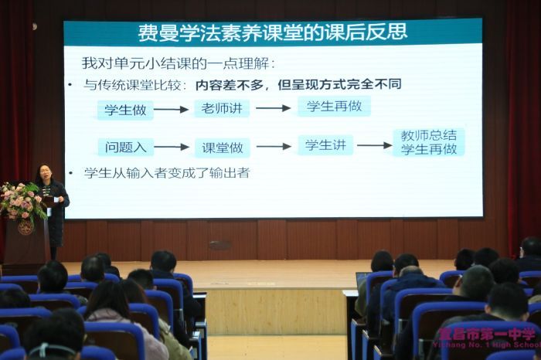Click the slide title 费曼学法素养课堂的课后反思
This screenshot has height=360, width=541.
click(x=273, y=32)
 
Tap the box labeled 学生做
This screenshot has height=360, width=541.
click(x=125, y=110)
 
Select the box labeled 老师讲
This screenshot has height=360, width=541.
click(x=222, y=108)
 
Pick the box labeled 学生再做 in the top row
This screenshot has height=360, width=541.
click(x=334, y=106)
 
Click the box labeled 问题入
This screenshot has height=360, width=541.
click(x=125, y=147)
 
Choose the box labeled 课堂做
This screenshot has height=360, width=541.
click(x=223, y=148)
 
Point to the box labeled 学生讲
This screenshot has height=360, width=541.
click(x=325, y=145)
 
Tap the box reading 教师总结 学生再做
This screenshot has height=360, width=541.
click(x=429, y=142)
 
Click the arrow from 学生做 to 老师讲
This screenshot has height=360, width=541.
click(x=171, y=110)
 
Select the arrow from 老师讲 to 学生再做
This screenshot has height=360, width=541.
click(x=274, y=108)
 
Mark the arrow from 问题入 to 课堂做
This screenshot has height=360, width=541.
click(x=172, y=147)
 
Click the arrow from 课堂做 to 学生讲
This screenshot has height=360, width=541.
click(x=274, y=147)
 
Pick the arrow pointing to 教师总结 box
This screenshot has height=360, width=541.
click(x=375, y=145)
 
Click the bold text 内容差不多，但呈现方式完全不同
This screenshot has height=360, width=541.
click(x=298, y=85)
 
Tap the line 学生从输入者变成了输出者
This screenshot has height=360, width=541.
click(x=167, y=173)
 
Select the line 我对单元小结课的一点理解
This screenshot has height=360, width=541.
click(x=178, y=63)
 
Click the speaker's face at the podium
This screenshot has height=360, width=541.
click(x=44, y=172)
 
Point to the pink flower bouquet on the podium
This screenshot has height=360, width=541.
click(x=22, y=202)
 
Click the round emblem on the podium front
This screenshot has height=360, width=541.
click(x=26, y=228)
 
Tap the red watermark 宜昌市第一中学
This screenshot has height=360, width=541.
click(x=487, y=334)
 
